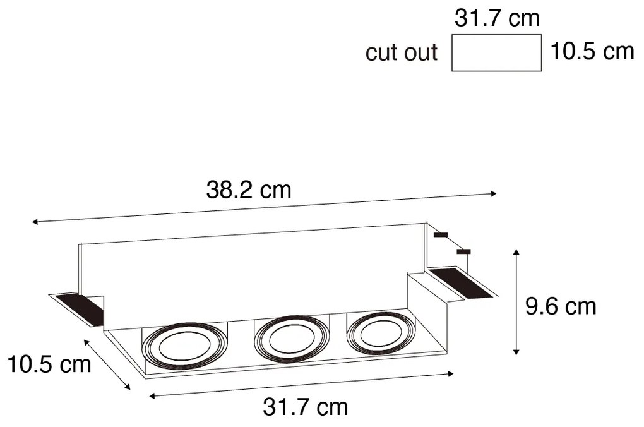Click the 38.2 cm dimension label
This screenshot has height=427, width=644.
(x=249, y=190)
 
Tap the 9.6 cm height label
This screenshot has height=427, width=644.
(x=561, y=306)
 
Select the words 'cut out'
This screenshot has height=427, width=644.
(x=401, y=52)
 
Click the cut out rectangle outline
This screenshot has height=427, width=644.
(x=497, y=53)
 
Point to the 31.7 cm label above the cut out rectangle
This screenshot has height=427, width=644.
(x=497, y=18)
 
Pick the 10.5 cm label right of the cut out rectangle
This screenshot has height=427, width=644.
(x=591, y=51)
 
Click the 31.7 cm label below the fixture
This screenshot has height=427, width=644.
(x=305, y=407)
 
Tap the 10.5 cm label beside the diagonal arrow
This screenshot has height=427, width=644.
(x=49, y=364)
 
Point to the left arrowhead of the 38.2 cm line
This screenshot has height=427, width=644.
(x=35, y=222)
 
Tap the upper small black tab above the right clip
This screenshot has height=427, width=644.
(x=441, y=235)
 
